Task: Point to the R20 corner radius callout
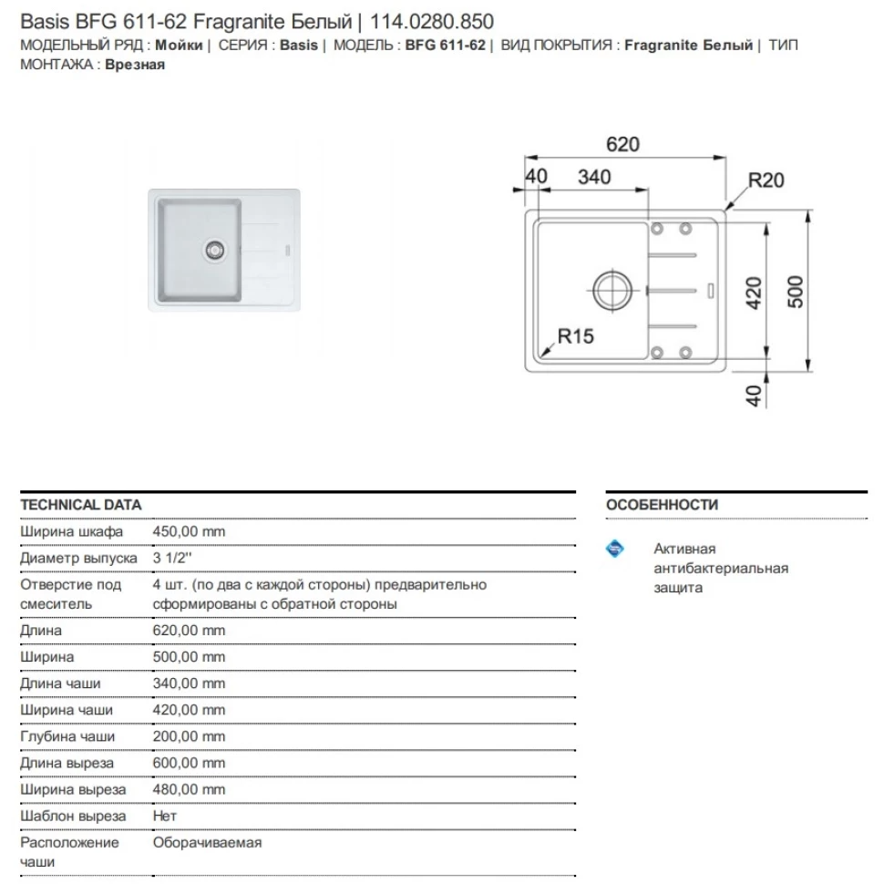point(766,180)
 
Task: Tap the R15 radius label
point(575,336)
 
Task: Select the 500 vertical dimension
point(795,292)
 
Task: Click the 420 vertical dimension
point(753,293)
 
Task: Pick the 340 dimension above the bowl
point(594,177)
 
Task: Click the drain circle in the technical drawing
point(612,289)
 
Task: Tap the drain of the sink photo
point(214,248)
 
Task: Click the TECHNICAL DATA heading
point(80,505)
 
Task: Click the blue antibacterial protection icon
point(615,549)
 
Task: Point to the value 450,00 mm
point(189,531)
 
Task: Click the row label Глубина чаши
point(67,736)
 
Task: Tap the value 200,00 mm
point(189,736)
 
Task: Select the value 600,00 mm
point(189,763)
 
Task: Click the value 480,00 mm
point(189,789)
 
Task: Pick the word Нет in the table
point(165,816)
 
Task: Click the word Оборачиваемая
point(207,842)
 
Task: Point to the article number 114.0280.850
point(432,21)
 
